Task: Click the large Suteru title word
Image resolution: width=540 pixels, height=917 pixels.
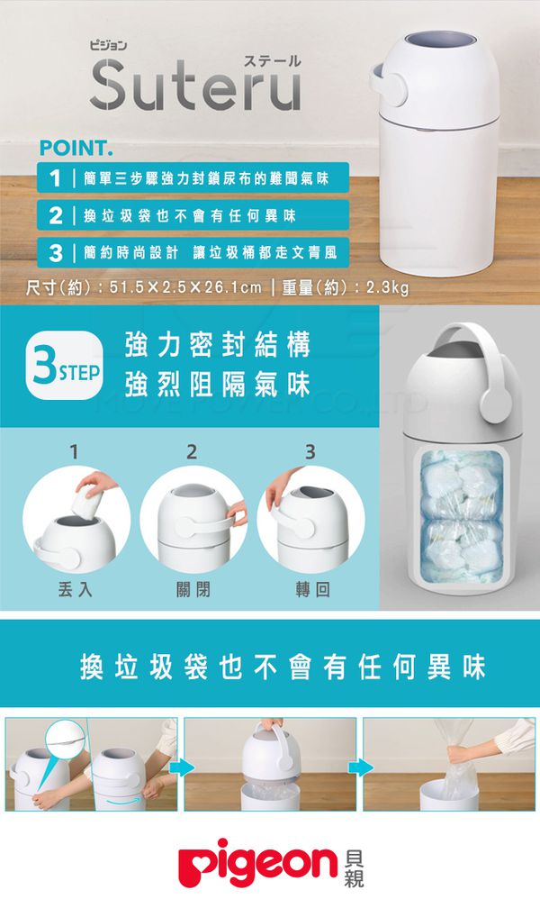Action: coord(194,86)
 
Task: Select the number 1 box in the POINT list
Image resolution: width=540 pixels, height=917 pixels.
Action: coord(56,178)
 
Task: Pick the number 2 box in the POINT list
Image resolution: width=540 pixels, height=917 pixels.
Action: coord(56,215)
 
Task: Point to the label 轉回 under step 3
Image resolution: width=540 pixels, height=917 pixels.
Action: coord(311,590)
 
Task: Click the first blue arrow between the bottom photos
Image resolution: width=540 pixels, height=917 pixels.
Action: coord(180,767)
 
